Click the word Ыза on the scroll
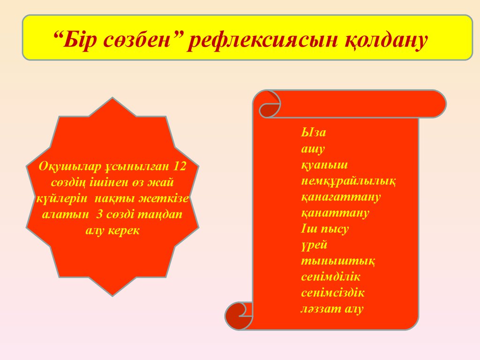click(x=314, y=132)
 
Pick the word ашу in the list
click(x=313, y=149)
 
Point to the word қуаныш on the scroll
click(x=324, y=165)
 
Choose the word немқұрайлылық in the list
click(x=348, y=181)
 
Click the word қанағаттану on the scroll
click(x=341, y=197)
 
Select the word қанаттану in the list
click(x=335, y=213)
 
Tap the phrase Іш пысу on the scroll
click(x=325, y=229)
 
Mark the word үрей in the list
click(x=314, y=245)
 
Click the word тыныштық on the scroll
click(x=338, y=261)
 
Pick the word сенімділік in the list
click(x=330, y=277)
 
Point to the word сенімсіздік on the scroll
click(x=333, y=292)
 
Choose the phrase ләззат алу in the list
click(x=332, y=308)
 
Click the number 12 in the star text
click(x=180, y=166)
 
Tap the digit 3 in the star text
click(x=99, y=214)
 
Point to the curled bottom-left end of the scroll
click(x=239, y=316)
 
